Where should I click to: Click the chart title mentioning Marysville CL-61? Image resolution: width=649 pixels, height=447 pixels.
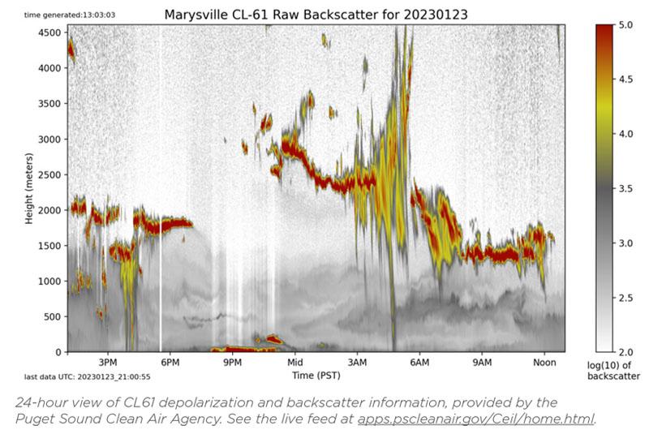pos(316,15)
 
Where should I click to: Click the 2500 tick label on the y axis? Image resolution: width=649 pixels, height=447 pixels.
pos(50,174)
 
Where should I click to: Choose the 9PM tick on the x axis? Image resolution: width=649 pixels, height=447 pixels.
pos(232,363)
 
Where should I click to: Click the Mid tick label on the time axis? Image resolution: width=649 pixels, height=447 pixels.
pos(294,363)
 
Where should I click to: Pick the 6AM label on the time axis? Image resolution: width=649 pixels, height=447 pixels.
pos(419,363)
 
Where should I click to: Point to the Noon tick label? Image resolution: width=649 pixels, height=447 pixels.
pos(544,363)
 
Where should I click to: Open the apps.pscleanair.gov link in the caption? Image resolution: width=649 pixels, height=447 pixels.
pos(475,419)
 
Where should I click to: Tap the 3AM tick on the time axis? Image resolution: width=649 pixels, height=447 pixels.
pos(357,363)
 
